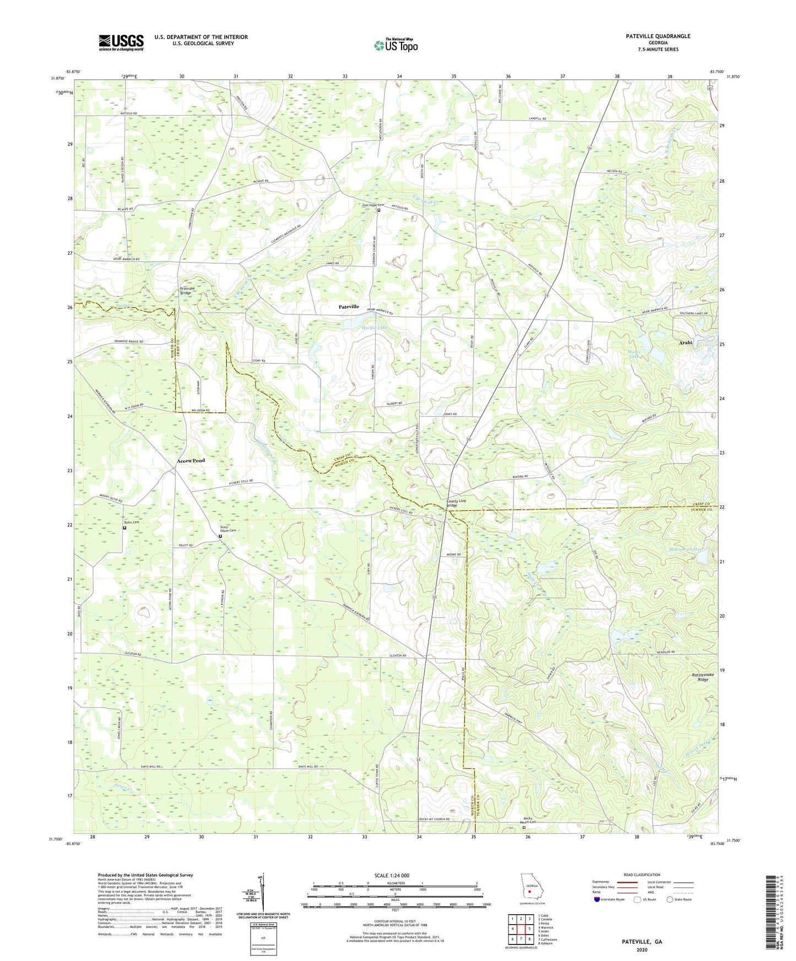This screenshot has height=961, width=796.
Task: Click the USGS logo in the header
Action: (x=121, y=42)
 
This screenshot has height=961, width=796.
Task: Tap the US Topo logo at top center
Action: (x=396, y=45)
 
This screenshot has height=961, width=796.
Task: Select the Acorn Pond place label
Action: (x=191, y=460)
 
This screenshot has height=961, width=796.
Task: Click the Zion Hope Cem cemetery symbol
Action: (x=378, y=210)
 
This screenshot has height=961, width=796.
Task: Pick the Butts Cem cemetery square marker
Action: (x=124, y=528)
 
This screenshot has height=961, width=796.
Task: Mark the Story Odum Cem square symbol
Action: (x=220, y=536)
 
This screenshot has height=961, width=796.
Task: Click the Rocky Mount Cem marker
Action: (x=524, y=827)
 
